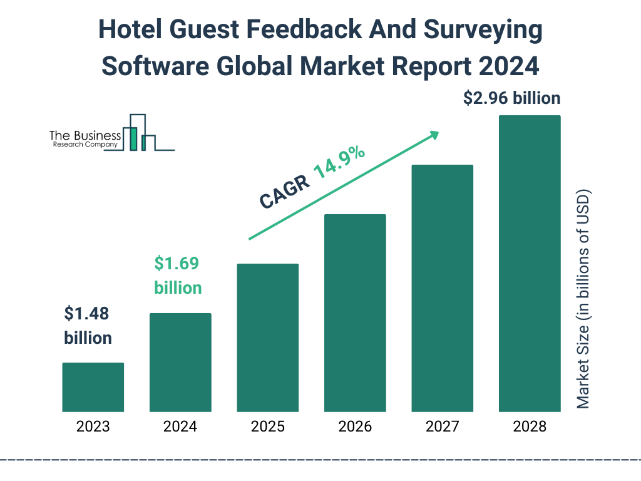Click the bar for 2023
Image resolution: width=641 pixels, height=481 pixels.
click(93, 387)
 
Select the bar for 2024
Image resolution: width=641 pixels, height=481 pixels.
click(180, 362)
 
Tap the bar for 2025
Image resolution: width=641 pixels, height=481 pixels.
click(267, 338)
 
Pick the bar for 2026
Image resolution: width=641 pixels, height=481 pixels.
click(355, 313)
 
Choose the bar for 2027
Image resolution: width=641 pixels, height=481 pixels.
click(442, 288)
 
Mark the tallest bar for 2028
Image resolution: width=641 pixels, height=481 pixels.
click(530, 264)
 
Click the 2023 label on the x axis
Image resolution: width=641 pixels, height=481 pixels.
click(93, 427)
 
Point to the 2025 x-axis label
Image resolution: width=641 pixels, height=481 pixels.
click(267, 427)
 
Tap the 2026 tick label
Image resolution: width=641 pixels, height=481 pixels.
click(355, 427)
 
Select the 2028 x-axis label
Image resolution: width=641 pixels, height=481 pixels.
click(530, 427)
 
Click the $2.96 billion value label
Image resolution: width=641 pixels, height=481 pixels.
click(511, 98)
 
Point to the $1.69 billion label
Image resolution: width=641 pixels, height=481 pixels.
click(178, 276)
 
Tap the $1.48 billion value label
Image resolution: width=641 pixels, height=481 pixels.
click(88, 326)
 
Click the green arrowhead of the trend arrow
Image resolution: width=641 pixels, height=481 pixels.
click(434, 135)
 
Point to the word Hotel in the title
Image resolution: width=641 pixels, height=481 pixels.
click(133, 30)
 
